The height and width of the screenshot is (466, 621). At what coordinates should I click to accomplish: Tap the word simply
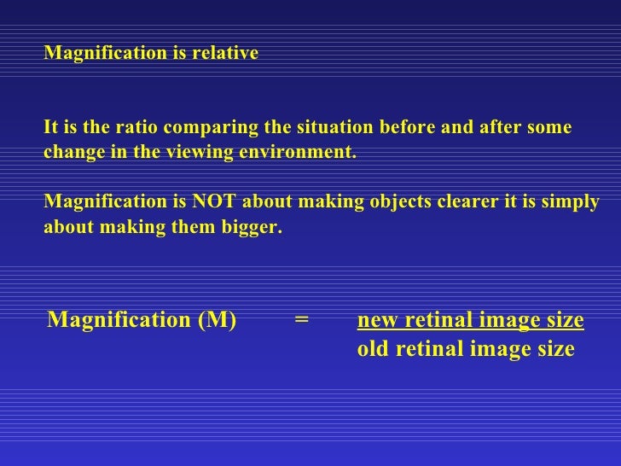click(572, 204)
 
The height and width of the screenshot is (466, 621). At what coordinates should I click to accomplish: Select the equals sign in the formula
click(301, 321)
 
